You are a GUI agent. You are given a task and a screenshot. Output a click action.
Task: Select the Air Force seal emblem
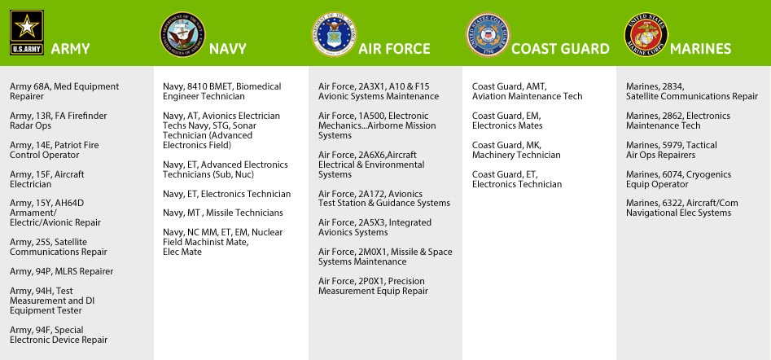click(334, 33)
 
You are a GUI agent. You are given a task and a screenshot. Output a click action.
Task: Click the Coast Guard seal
click(487, 33)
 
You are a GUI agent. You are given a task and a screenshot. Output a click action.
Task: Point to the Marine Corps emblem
click(646, 33)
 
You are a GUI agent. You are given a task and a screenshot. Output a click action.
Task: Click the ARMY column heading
click(70, 49)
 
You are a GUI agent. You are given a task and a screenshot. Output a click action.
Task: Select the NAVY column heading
click(228, 49)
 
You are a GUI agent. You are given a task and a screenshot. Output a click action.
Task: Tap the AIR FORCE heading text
click(394, 49)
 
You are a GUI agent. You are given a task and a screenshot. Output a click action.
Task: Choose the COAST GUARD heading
click(560, 49)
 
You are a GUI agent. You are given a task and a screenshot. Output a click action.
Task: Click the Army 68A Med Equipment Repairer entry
click(64, 91)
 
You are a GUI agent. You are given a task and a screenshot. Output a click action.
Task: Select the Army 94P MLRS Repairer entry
click(62, 271)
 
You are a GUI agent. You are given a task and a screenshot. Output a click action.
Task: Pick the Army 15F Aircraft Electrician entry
click(47, 179)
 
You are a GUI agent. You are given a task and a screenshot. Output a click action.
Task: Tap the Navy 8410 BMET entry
click(221, 91)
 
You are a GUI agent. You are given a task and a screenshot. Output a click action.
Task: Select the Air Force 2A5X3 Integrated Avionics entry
click(375, 227)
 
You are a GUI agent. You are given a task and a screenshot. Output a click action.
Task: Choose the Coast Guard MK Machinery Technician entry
click(516, 150)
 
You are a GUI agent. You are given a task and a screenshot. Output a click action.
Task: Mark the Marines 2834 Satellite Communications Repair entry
click(692, 91)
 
